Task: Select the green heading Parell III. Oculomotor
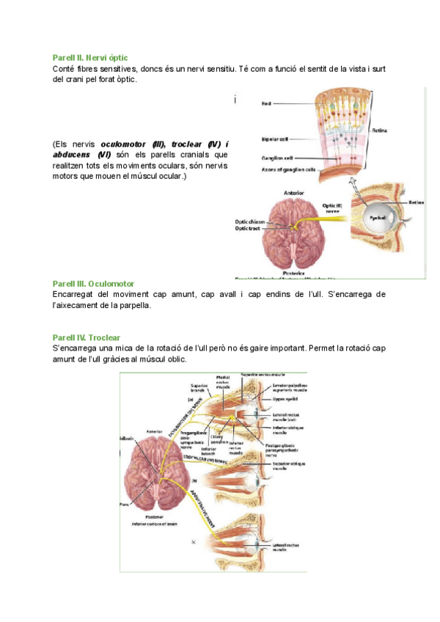point(93,283)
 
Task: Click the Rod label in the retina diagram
point(266,104)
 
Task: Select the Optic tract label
point(246,228)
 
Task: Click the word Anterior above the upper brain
point(289,193)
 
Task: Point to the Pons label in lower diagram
point(124,504)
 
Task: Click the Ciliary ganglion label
point(219,439)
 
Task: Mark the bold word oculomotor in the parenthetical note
point(125,144)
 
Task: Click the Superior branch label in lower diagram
point(199,388)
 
